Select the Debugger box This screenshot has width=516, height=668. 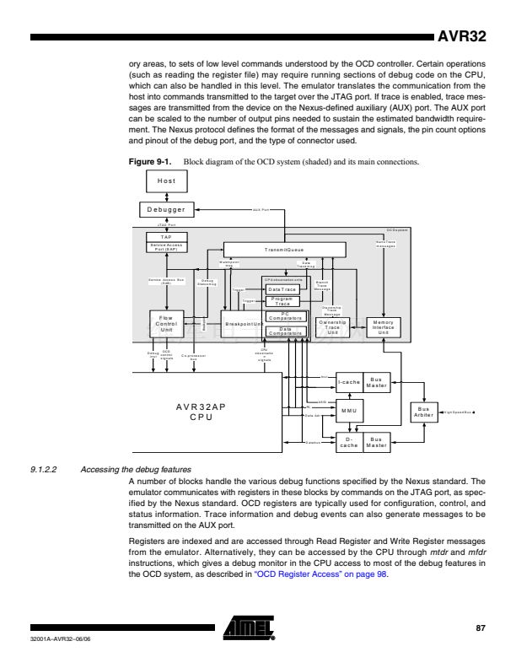point(166,209)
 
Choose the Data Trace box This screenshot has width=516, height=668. point(283,289)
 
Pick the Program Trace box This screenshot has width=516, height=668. point(283,301)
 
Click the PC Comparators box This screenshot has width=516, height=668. point(283,315)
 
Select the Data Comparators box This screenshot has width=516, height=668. point(283,331)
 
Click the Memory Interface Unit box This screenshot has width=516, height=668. point(383,326)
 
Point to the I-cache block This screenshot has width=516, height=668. point(349,381)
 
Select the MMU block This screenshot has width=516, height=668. point(349,411)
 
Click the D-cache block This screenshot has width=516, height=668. point(349,442)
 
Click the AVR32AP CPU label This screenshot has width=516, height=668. point(201,411)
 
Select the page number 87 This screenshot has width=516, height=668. point(481,628)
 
